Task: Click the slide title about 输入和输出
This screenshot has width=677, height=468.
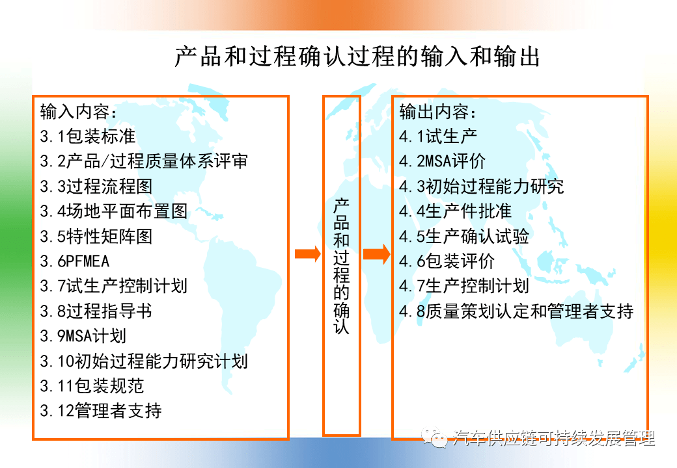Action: point(357,57)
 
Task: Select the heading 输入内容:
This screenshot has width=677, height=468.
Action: point(78,112)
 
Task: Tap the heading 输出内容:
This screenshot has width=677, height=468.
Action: point(437,112)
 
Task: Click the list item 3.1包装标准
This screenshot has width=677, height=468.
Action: point(88,136)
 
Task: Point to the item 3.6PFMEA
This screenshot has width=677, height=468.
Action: point(75,261)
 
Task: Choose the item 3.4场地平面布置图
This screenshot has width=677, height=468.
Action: point(113,211)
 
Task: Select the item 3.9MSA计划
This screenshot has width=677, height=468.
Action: point(83,335)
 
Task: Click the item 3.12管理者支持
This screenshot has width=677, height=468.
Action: point(101,411)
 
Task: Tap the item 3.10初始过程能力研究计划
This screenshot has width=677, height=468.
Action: point(144,361)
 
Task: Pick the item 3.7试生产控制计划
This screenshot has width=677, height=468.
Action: point(113,286)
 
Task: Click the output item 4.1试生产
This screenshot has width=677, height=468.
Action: point(438,136)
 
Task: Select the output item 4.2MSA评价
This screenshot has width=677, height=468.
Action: point(442,161)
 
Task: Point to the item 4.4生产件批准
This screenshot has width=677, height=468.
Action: point(455,211)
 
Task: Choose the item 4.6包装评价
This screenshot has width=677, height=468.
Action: point(447,261)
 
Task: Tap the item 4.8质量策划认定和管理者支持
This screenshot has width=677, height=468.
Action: point(516,311)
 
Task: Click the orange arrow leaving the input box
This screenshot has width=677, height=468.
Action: point(308,253)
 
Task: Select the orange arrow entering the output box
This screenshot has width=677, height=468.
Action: point(376,253)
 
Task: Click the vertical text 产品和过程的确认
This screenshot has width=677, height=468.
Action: point(341,266)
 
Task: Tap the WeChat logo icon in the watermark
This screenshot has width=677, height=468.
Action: point(434,437)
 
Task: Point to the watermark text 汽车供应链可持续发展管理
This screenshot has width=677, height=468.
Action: point(554,438)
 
